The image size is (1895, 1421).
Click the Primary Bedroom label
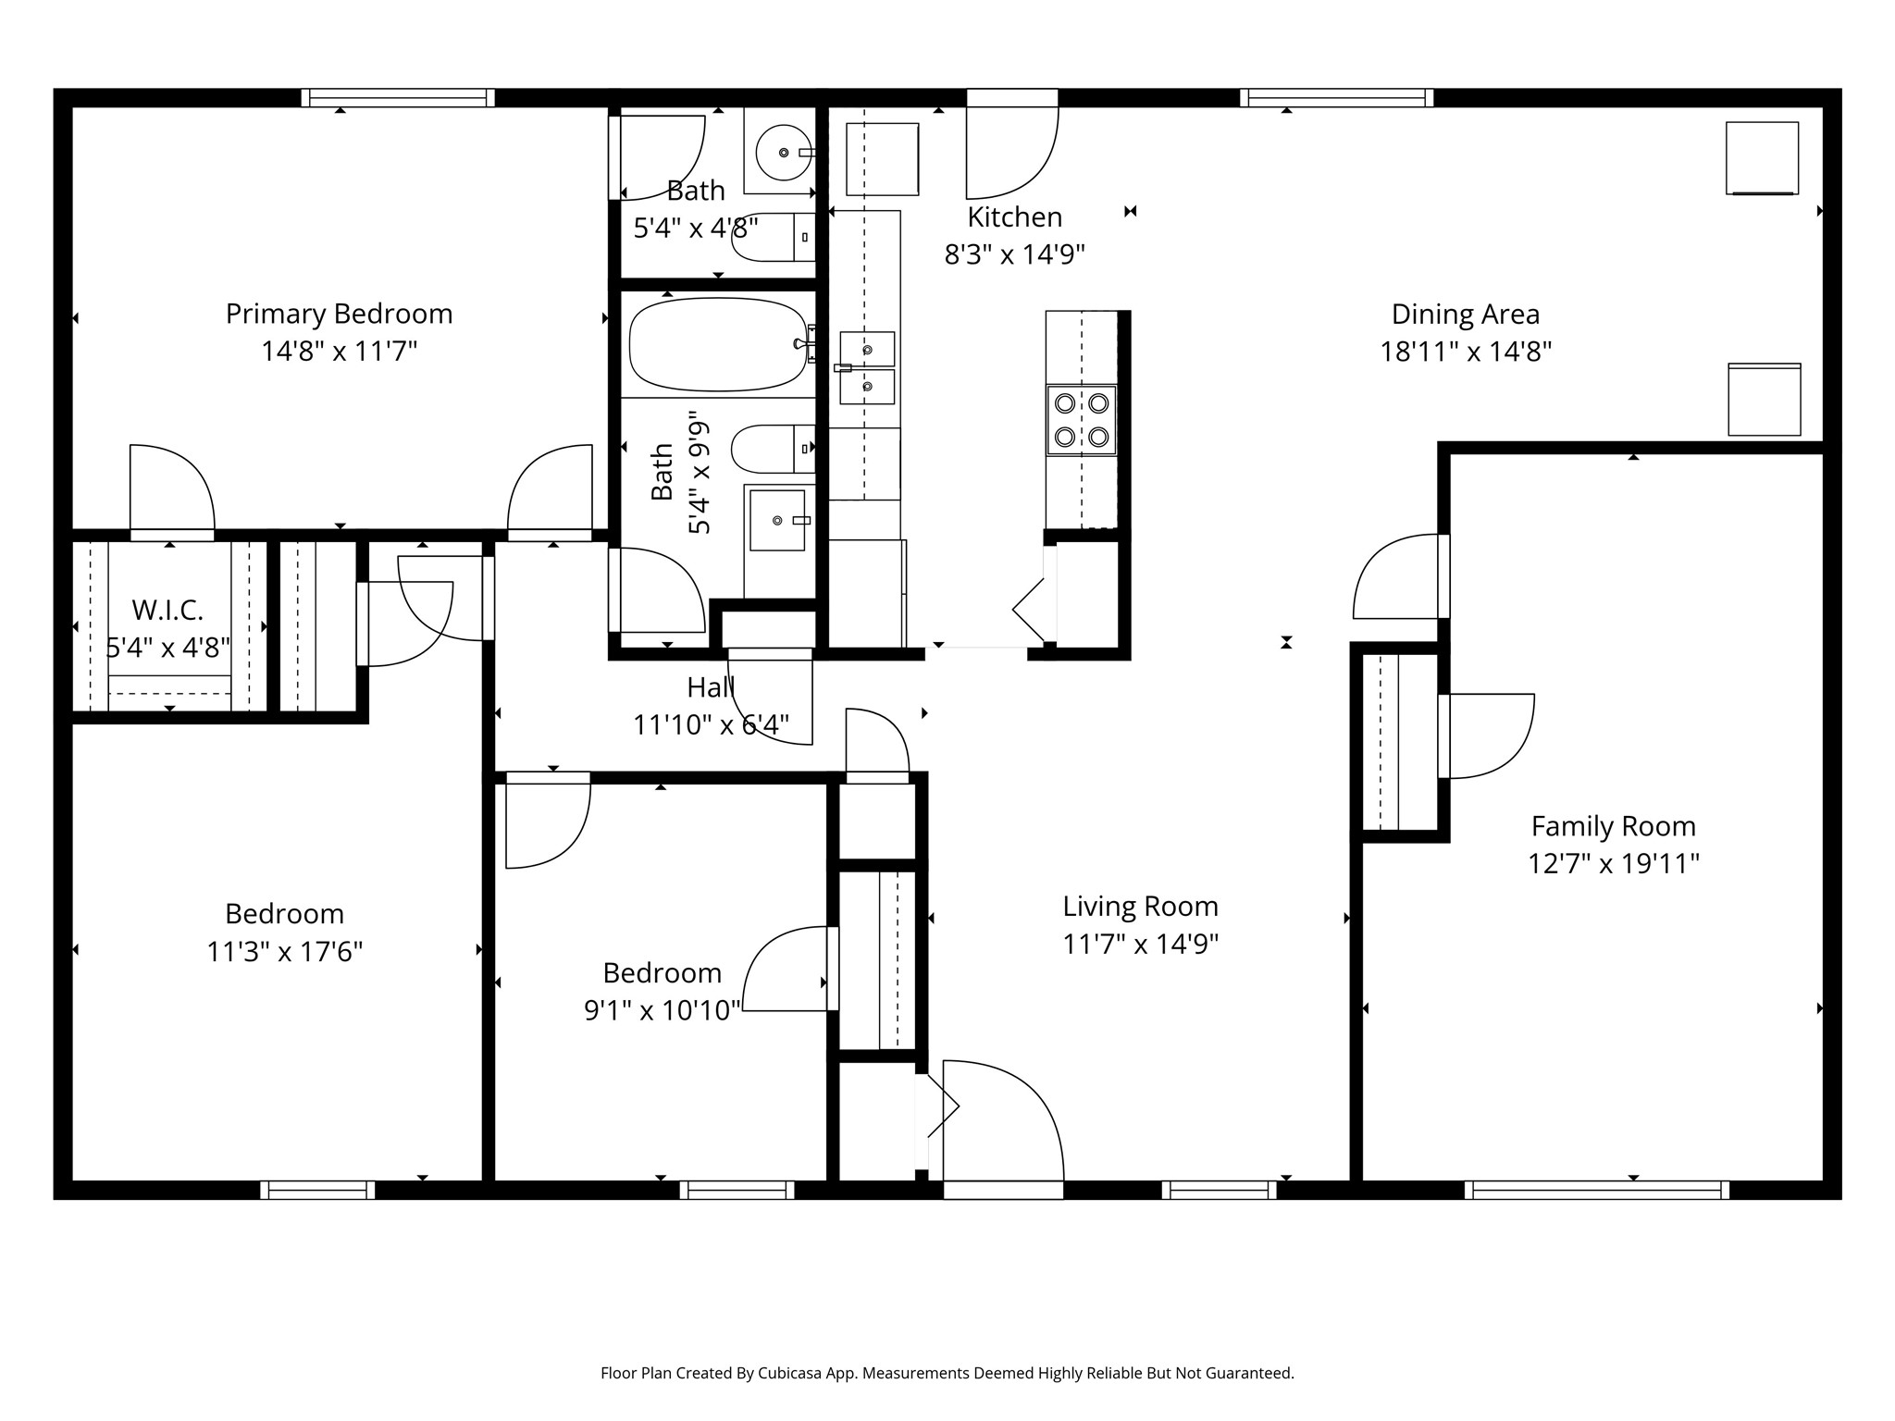[339, 314]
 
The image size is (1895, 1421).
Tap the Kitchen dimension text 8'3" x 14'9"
[1014, 253]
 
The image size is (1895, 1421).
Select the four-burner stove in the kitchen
[1082, 419]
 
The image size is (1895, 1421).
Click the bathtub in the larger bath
[718, 344]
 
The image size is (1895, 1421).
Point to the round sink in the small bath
[784, 152]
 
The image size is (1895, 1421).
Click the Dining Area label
[1466, 314]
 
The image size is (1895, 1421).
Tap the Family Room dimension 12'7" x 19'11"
[1614, 863]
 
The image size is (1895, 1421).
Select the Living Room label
[1140, 906]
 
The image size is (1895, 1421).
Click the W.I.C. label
[167, 610]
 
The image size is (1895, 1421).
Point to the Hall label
[711, 686]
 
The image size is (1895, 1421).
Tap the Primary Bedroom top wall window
[398, 97]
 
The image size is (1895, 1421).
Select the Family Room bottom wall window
[1597, 1190]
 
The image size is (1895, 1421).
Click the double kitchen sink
[867, 368]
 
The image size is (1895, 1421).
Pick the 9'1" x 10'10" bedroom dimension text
[663, 1010]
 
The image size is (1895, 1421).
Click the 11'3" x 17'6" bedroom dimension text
[284, 951]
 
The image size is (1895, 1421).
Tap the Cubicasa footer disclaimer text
[947, 1373]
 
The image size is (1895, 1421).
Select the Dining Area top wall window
[1337, 97]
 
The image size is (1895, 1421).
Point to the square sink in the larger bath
[777, 521]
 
